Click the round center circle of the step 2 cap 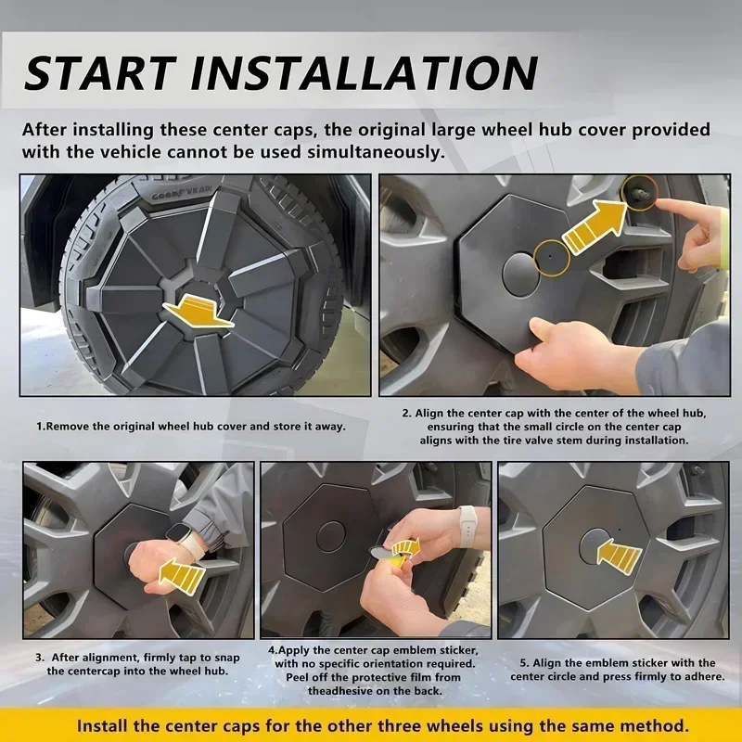click(521, 275)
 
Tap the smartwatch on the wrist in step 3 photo click(177, 533)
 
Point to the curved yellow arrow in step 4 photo click(405, 548)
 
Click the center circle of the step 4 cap click(331, 537)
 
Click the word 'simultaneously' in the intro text click(376, 153)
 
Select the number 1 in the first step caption click(40, 427)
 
